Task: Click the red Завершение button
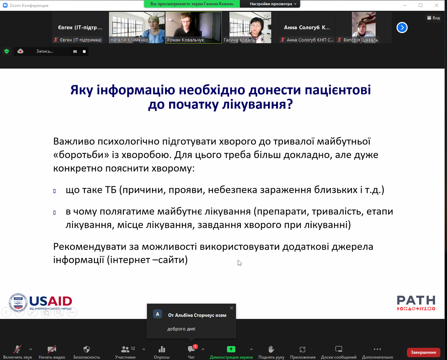pos(423,352)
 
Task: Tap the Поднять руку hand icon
pos(271,349)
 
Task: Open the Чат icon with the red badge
pos(191,349)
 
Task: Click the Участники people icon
pos(125,350)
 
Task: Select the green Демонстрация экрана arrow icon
pos(231,349)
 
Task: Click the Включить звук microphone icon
pos(17,349)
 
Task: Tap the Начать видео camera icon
pos(52,349)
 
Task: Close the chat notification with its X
pos(232,308)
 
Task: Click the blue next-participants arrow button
pos(402,28)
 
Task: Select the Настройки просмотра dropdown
pos(273,4)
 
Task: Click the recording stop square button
pos(84,52)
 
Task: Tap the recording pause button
pos(75,52)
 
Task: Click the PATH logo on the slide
pos(416,303)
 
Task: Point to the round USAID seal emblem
pos(18,303)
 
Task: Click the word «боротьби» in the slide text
pos(81,155)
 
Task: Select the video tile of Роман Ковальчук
pos(193,28)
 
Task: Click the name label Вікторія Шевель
pos(360,40)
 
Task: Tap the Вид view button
pos(433,18)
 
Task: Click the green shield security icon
pos(7,51)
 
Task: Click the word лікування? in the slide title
pos(258,104)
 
